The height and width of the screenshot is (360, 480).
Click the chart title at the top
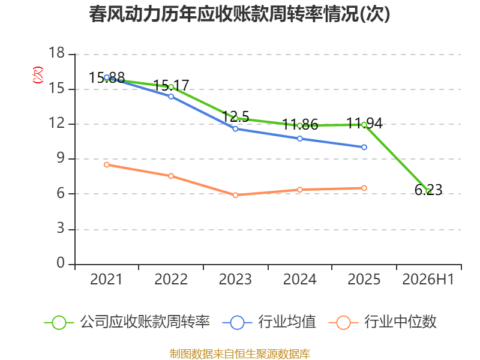tap(239, 14)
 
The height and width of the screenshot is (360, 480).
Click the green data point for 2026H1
tap(428, 191)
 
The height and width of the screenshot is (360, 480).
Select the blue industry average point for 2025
tap(364, 147)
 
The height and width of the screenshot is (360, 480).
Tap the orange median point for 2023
tap(235, 195)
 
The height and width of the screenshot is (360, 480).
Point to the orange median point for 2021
tap(107, 164)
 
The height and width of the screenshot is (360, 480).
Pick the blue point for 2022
tap(171, 97)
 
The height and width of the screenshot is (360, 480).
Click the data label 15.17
tap(171, 85)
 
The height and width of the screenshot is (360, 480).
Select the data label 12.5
tap(235, 116)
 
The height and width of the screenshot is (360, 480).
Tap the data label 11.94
tap(364, 124)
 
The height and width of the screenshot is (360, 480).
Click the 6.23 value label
tap(428, 190)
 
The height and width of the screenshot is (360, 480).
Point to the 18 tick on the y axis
tap(57, 53)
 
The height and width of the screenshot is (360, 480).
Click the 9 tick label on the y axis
tap(61, 158)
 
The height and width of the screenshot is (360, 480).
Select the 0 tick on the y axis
tap(61, 263)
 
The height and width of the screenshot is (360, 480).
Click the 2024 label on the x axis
tap(299, 279)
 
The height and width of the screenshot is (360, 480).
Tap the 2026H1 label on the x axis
tap(428, 279)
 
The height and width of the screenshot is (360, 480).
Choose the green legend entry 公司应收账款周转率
tap(127, 322)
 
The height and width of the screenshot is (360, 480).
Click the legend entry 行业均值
tap(269, 322)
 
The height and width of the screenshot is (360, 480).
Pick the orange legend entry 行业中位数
tap(382, 322)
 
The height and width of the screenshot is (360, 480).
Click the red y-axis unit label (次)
tap(38, 75)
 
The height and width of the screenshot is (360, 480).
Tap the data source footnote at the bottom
tap(240, 354)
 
